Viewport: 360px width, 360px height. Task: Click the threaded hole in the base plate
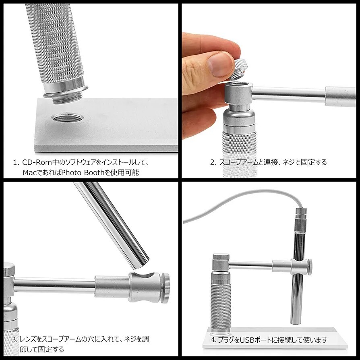(x=68, y=118)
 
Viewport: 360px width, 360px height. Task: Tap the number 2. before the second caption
(x=213, y=162)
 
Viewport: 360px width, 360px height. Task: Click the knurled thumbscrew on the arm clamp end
(x=166, y=288)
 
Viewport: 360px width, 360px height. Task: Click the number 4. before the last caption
(x=214, y=340)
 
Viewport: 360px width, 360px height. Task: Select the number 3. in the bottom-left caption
(x=15, y=339)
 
